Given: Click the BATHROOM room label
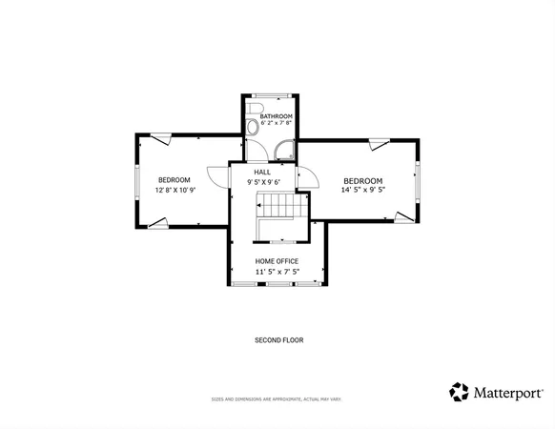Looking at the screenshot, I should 269,115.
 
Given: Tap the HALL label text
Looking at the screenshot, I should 261,172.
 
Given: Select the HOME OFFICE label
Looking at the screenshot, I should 277,261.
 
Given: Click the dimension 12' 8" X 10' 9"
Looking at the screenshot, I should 175,190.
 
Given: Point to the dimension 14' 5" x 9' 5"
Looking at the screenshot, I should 362,190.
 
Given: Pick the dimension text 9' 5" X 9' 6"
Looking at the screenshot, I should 262,181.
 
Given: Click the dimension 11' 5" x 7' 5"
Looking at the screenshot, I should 277,272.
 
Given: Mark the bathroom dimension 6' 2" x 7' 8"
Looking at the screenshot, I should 269,124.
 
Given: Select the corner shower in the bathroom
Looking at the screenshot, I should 284,149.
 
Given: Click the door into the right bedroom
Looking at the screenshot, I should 308,177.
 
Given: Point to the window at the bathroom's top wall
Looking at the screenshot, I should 270,94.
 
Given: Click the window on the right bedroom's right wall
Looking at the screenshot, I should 417,181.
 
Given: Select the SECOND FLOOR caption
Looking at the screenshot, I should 278,340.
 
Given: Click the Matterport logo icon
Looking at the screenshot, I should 460,392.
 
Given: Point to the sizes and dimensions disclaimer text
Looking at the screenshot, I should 277,399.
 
